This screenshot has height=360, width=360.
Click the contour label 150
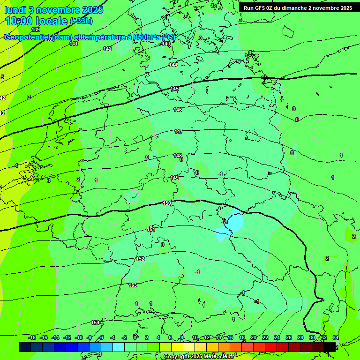tap(167, 203)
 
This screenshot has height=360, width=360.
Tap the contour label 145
tap(174, 89)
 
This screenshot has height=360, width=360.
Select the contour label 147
tap(178, 132)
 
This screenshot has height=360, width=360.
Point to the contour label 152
tap(140, 259)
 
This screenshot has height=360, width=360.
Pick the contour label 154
tap(95, 322)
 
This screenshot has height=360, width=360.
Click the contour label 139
tap(36, 30)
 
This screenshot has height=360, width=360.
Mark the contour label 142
tap(107, 49)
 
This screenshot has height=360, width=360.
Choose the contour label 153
tap(133, 285)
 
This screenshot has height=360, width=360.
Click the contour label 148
tap(178, 156)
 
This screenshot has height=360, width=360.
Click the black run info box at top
tap(298, 8)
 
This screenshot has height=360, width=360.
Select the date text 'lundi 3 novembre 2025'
tap(54, 10)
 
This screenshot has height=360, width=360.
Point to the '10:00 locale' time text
tap(36, 21)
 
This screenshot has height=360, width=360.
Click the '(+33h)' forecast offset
tap(81, 21)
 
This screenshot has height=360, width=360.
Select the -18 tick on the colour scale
tap(31, 337)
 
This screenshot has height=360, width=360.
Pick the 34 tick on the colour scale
tap(335, 337)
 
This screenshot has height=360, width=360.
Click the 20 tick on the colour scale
tap(253, 337)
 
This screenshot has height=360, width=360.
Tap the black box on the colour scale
tap(330, 346)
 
